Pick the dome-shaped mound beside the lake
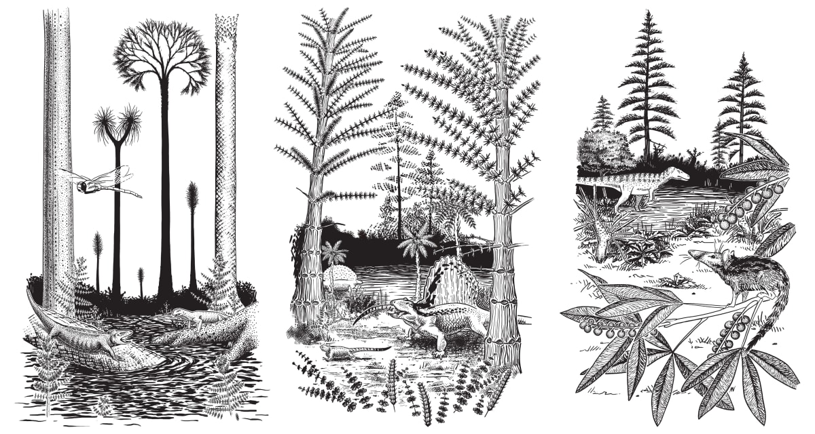click(x=339, y=276)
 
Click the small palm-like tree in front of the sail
click(x=416, y=244)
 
